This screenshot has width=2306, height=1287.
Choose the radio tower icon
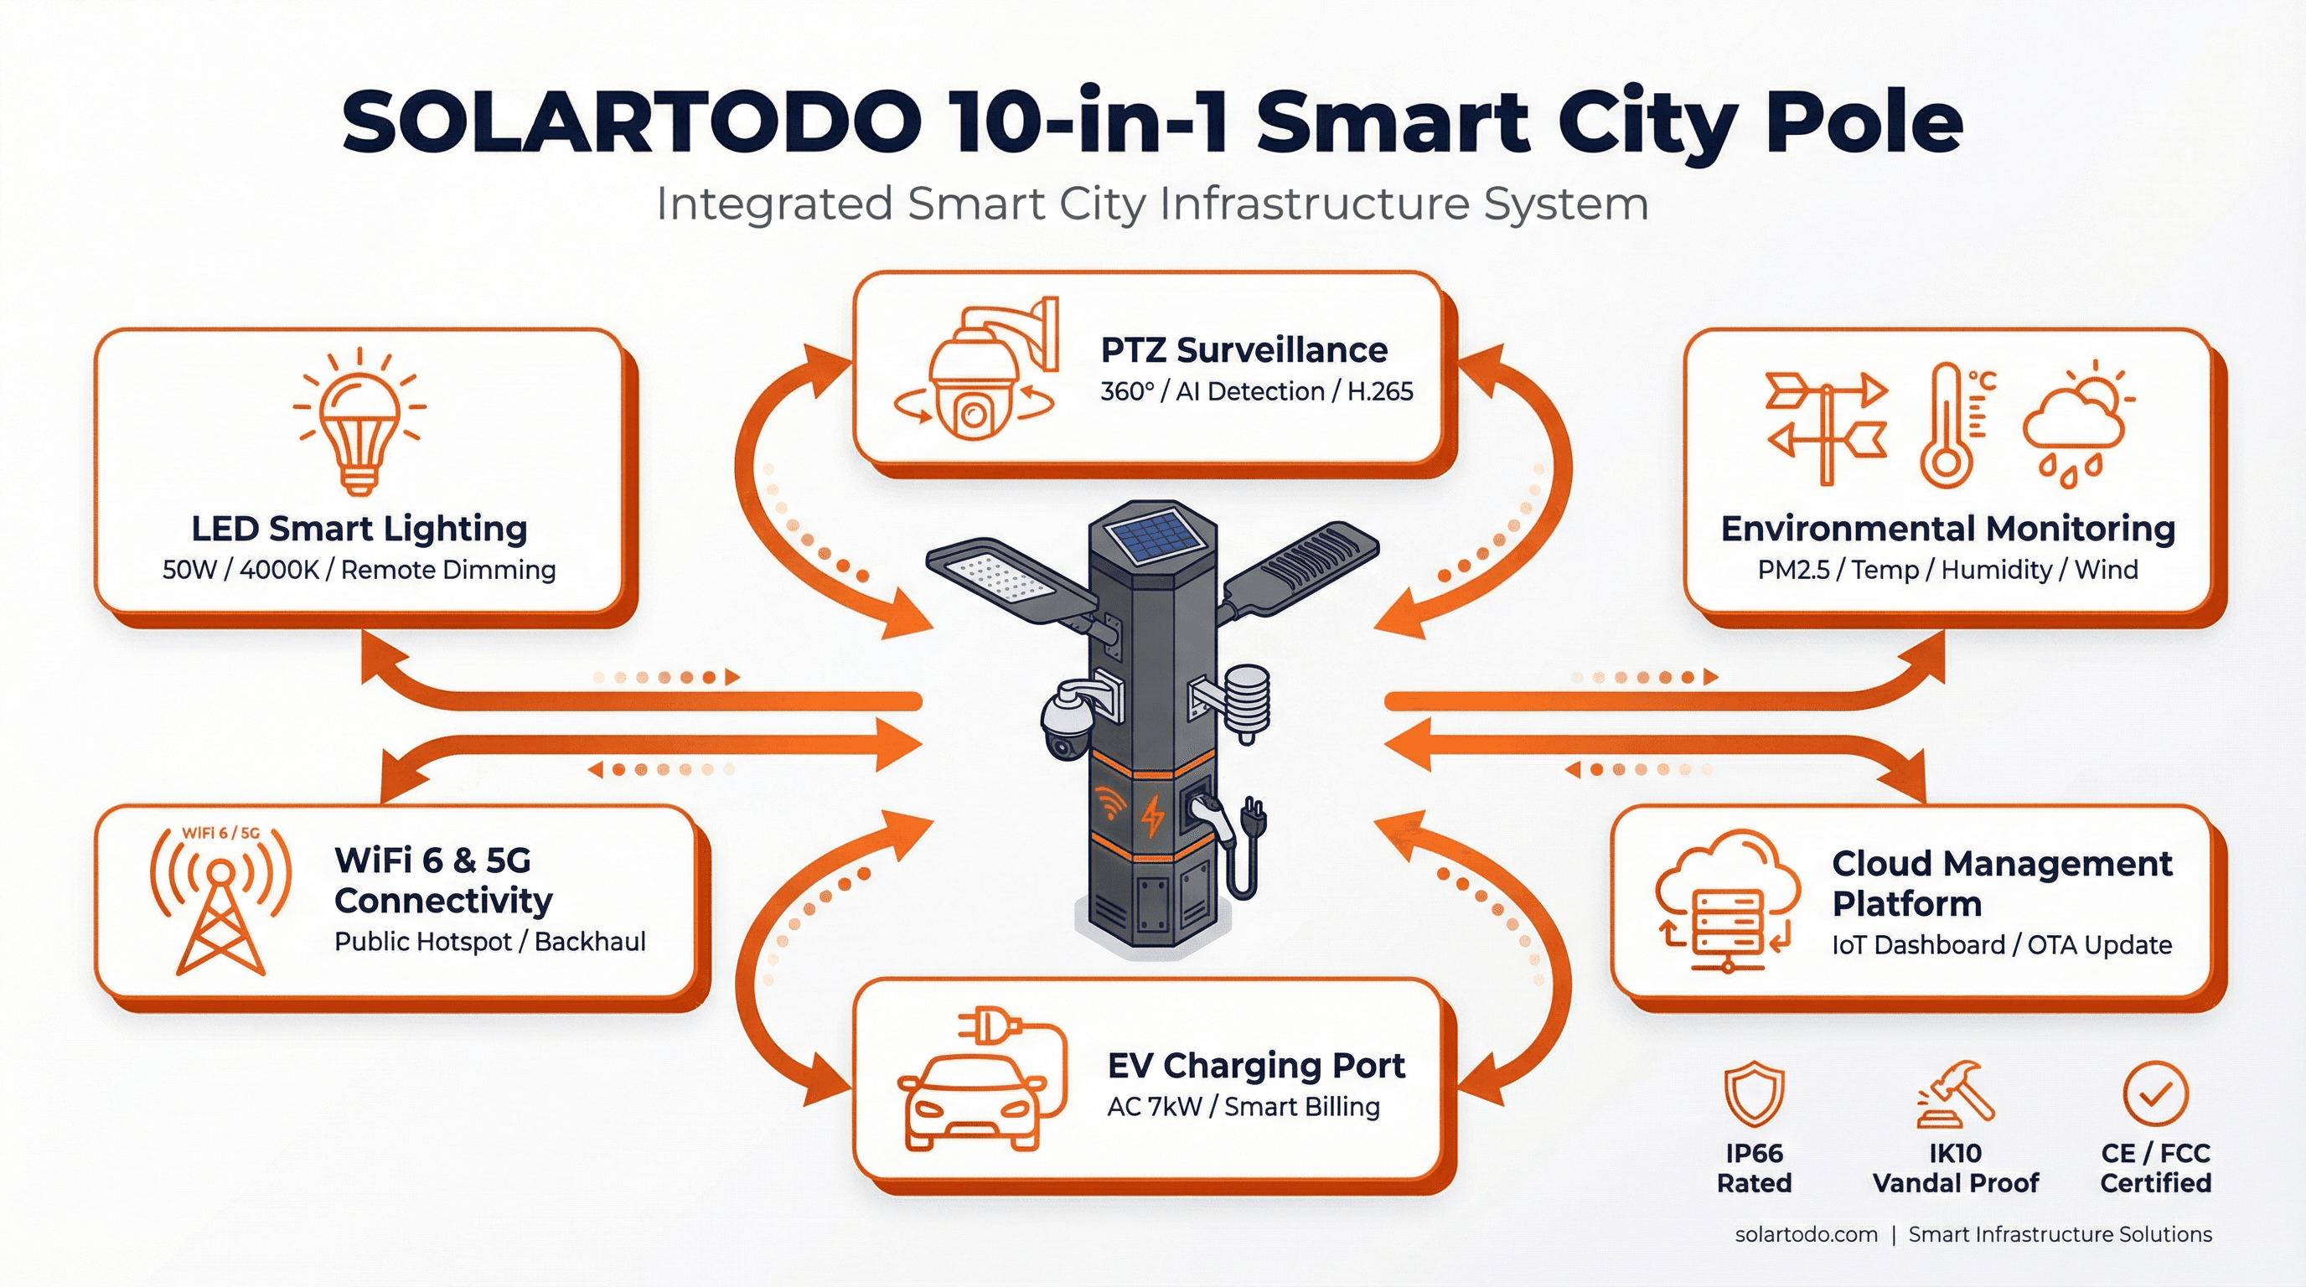[x=220, y=904]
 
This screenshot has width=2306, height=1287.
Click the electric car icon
[x=971, y=1101]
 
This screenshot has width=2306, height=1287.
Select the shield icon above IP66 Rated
[x=1754, y=1093]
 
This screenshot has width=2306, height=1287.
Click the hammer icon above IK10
[x=1957, y=1093]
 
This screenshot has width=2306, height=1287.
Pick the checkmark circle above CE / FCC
[x=2156, y=1093]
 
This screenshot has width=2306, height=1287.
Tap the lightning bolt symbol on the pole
[x=1153, y=814]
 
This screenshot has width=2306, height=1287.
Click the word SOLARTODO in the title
[x=631, y=122]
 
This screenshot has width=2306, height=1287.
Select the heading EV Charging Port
[x=1255, y=1065]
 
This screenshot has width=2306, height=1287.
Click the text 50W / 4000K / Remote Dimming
[x=359, y=570]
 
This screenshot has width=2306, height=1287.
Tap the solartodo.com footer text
[x=1806, y=1234]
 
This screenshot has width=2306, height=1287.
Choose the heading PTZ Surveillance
[x=1243, y=350]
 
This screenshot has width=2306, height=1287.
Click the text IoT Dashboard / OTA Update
[x=2002, y=945]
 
